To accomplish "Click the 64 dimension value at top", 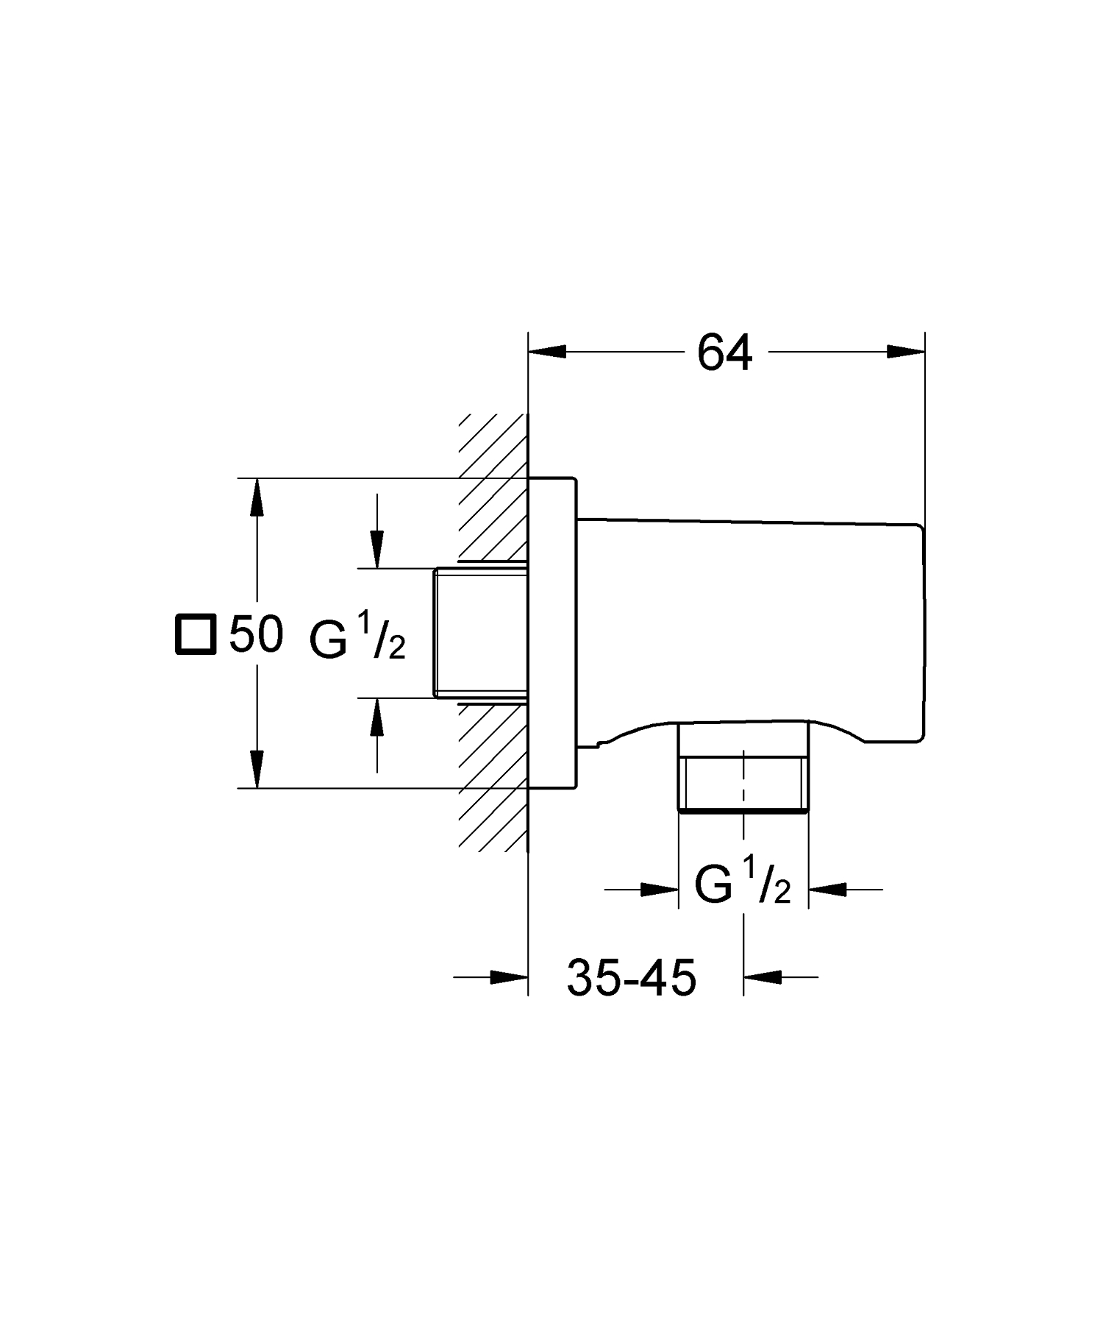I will point(724,353).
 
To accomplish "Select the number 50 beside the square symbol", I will point(256,634).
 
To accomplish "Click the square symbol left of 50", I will point(196,634).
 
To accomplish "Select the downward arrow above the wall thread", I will point(377,548).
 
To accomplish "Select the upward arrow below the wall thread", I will point(377,717).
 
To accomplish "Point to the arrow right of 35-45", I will point(763,977).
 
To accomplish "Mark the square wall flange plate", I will point(553,634).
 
